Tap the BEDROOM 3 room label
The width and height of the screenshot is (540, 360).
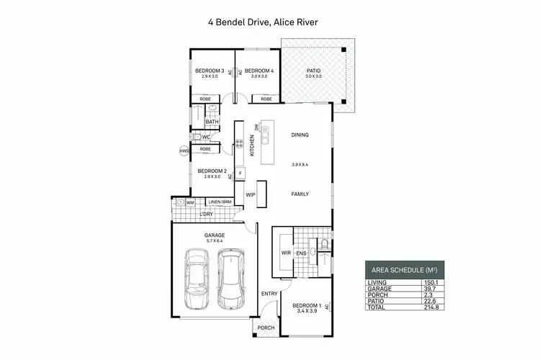click(210, 71)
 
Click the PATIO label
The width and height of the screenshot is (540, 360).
click(312, 71)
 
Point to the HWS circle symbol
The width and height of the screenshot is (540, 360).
click(184, 151)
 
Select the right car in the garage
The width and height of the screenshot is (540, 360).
click(230, 278)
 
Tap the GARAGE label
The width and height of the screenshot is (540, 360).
click(214, 235)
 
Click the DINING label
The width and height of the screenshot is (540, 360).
click(300, 135)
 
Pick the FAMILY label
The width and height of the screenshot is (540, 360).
click(300, 194)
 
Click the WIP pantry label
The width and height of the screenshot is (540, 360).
click(251, 194)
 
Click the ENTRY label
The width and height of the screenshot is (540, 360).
click(269, 294)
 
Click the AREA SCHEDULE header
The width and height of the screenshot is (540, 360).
click(404, 269)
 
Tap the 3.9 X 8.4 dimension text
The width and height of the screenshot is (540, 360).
click(300, 164)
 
